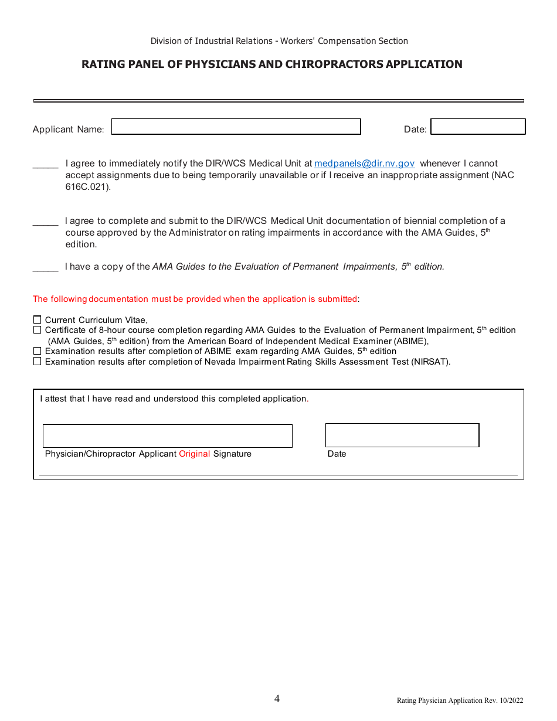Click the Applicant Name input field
click(236, 127)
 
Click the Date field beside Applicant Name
click(478, 127)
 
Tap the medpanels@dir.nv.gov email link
click(365, 164)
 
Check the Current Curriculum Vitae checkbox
click(38, 319)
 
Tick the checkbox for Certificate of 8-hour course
click(38, 330)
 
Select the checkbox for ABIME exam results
click(38, 351)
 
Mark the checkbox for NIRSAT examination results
click(38, 362)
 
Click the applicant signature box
click(167, 436)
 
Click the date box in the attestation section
click(402, 436)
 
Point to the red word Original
click(194, 454)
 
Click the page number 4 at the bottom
click(277, 698)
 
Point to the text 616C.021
click(87, 187)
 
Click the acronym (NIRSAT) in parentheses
click(430, 362)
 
